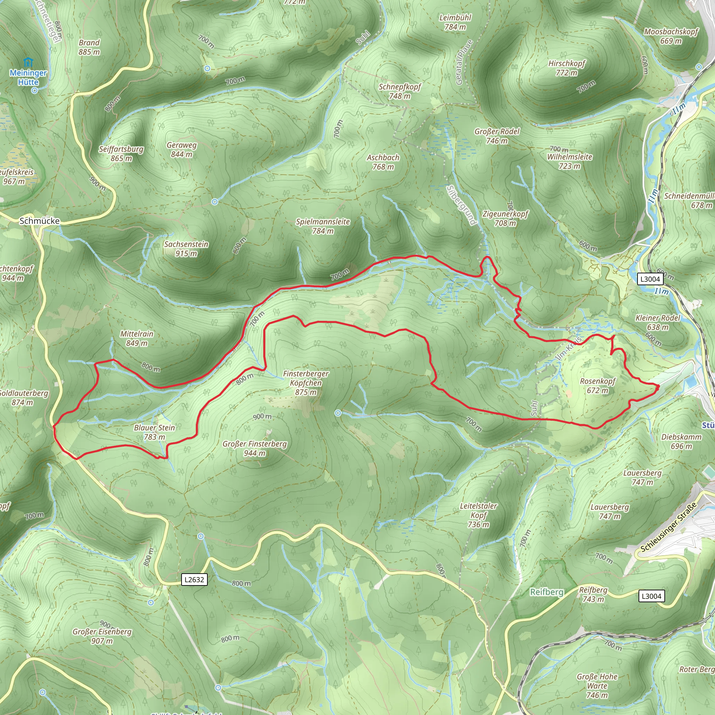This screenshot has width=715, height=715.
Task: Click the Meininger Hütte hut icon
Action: [28, 62]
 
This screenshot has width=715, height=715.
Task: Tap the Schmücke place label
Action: [39, 221]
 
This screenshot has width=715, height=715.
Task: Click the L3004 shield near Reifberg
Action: [651, 596]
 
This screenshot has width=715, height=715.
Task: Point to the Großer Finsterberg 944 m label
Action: [255, 448]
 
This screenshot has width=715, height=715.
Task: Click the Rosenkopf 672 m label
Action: [597, 386]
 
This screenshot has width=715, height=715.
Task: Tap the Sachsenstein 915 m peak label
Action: [186, 249]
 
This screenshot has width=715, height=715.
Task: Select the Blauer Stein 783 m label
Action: [154, 432]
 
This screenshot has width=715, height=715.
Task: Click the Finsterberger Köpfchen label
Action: [306, 383]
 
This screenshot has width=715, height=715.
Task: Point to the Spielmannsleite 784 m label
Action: [323, 226]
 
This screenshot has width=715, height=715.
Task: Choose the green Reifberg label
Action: [546, 592]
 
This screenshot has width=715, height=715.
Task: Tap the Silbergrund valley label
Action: [461, 205]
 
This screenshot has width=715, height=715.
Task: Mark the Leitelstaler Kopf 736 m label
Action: [478, 515]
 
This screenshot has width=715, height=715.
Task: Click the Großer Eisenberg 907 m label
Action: [102, 636]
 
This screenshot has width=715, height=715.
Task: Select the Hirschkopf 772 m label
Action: [566, 68]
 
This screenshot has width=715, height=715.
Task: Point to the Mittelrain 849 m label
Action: [137, 338]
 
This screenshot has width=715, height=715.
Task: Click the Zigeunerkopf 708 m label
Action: [505, 218]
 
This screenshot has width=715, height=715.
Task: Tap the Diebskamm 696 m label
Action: [681, 441]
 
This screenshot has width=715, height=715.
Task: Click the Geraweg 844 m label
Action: [181, 149]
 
